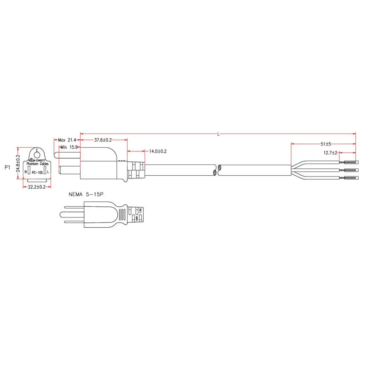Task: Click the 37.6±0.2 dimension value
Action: tap(103, 140)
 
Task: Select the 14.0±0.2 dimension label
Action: tap(158, 151)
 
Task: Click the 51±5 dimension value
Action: tap(326, 144)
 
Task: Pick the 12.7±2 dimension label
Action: tap(330, 153)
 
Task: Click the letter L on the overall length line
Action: tap(219, 134)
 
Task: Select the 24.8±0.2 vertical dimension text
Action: tap(18, 164)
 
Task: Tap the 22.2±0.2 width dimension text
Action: tap(37, 187)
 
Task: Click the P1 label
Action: tap(7, 167)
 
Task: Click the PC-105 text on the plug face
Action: tap(36, 172)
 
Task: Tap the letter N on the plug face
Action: tap(25, 172)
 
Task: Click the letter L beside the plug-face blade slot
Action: tap(48, 172)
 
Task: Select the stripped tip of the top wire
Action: tap(350, 162)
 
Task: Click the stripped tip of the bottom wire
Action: tap(350, 178)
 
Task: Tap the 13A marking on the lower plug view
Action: tap(141, 211)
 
